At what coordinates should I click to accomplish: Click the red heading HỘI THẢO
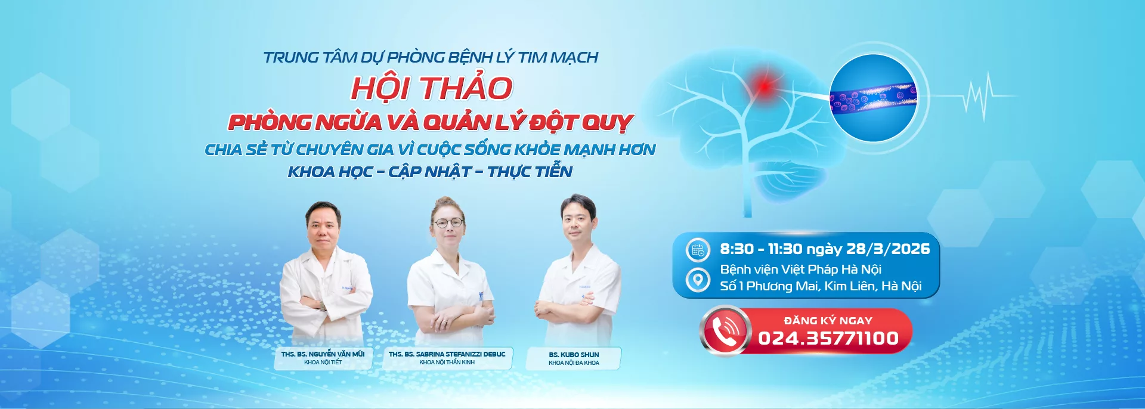(432, 88)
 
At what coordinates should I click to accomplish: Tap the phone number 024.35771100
(828, 338)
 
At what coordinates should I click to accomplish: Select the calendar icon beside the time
(698, 250)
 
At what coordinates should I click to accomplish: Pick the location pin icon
(697, 279)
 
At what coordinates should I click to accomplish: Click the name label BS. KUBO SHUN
(574, 354)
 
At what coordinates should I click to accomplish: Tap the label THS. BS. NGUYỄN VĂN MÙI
(323, 354)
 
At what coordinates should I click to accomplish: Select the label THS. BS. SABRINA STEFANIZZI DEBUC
(447, 354)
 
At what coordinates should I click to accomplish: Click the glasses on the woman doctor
(448, 223)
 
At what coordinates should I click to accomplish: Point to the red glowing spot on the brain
(764, 86)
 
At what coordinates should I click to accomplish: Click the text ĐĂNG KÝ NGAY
(828, 321)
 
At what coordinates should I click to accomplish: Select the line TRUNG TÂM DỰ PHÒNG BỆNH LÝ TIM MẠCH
(431, 57)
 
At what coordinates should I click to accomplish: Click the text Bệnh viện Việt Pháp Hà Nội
(800, 269)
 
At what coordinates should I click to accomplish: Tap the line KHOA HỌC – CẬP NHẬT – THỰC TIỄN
(430, 172)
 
